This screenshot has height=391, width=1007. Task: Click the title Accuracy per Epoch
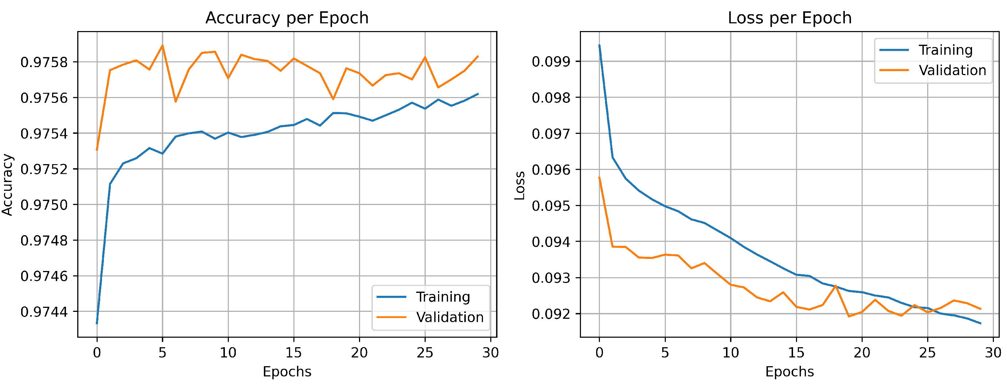(x=287, y=18)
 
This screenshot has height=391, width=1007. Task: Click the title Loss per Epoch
(x=789, y=18)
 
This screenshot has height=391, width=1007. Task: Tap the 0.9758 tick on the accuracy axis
(x=44, y=62)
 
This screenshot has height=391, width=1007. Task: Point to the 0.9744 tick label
(x=44, y=312)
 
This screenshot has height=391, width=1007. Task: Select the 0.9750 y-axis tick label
(x=44, y=205)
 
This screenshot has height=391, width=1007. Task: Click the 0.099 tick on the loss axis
(x=551, y=61)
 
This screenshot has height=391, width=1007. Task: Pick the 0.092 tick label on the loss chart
(x=551, y=314)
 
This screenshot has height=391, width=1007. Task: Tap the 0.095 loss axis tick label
(x=551, y=206)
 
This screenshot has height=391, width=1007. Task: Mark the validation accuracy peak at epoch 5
(x=162, y=45)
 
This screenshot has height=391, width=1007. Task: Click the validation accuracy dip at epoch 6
(x=176, y=101)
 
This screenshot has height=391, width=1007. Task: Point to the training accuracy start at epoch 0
(x=97, y=323)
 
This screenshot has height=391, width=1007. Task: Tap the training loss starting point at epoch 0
(x=599, y=45)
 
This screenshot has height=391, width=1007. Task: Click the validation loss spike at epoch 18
(x=836, y=286)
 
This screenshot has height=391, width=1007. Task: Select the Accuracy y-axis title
(x=8, y=184)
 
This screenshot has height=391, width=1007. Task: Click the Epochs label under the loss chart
(x=789, y=371)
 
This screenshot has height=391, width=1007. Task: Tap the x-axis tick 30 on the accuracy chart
(x=491, y=353)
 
